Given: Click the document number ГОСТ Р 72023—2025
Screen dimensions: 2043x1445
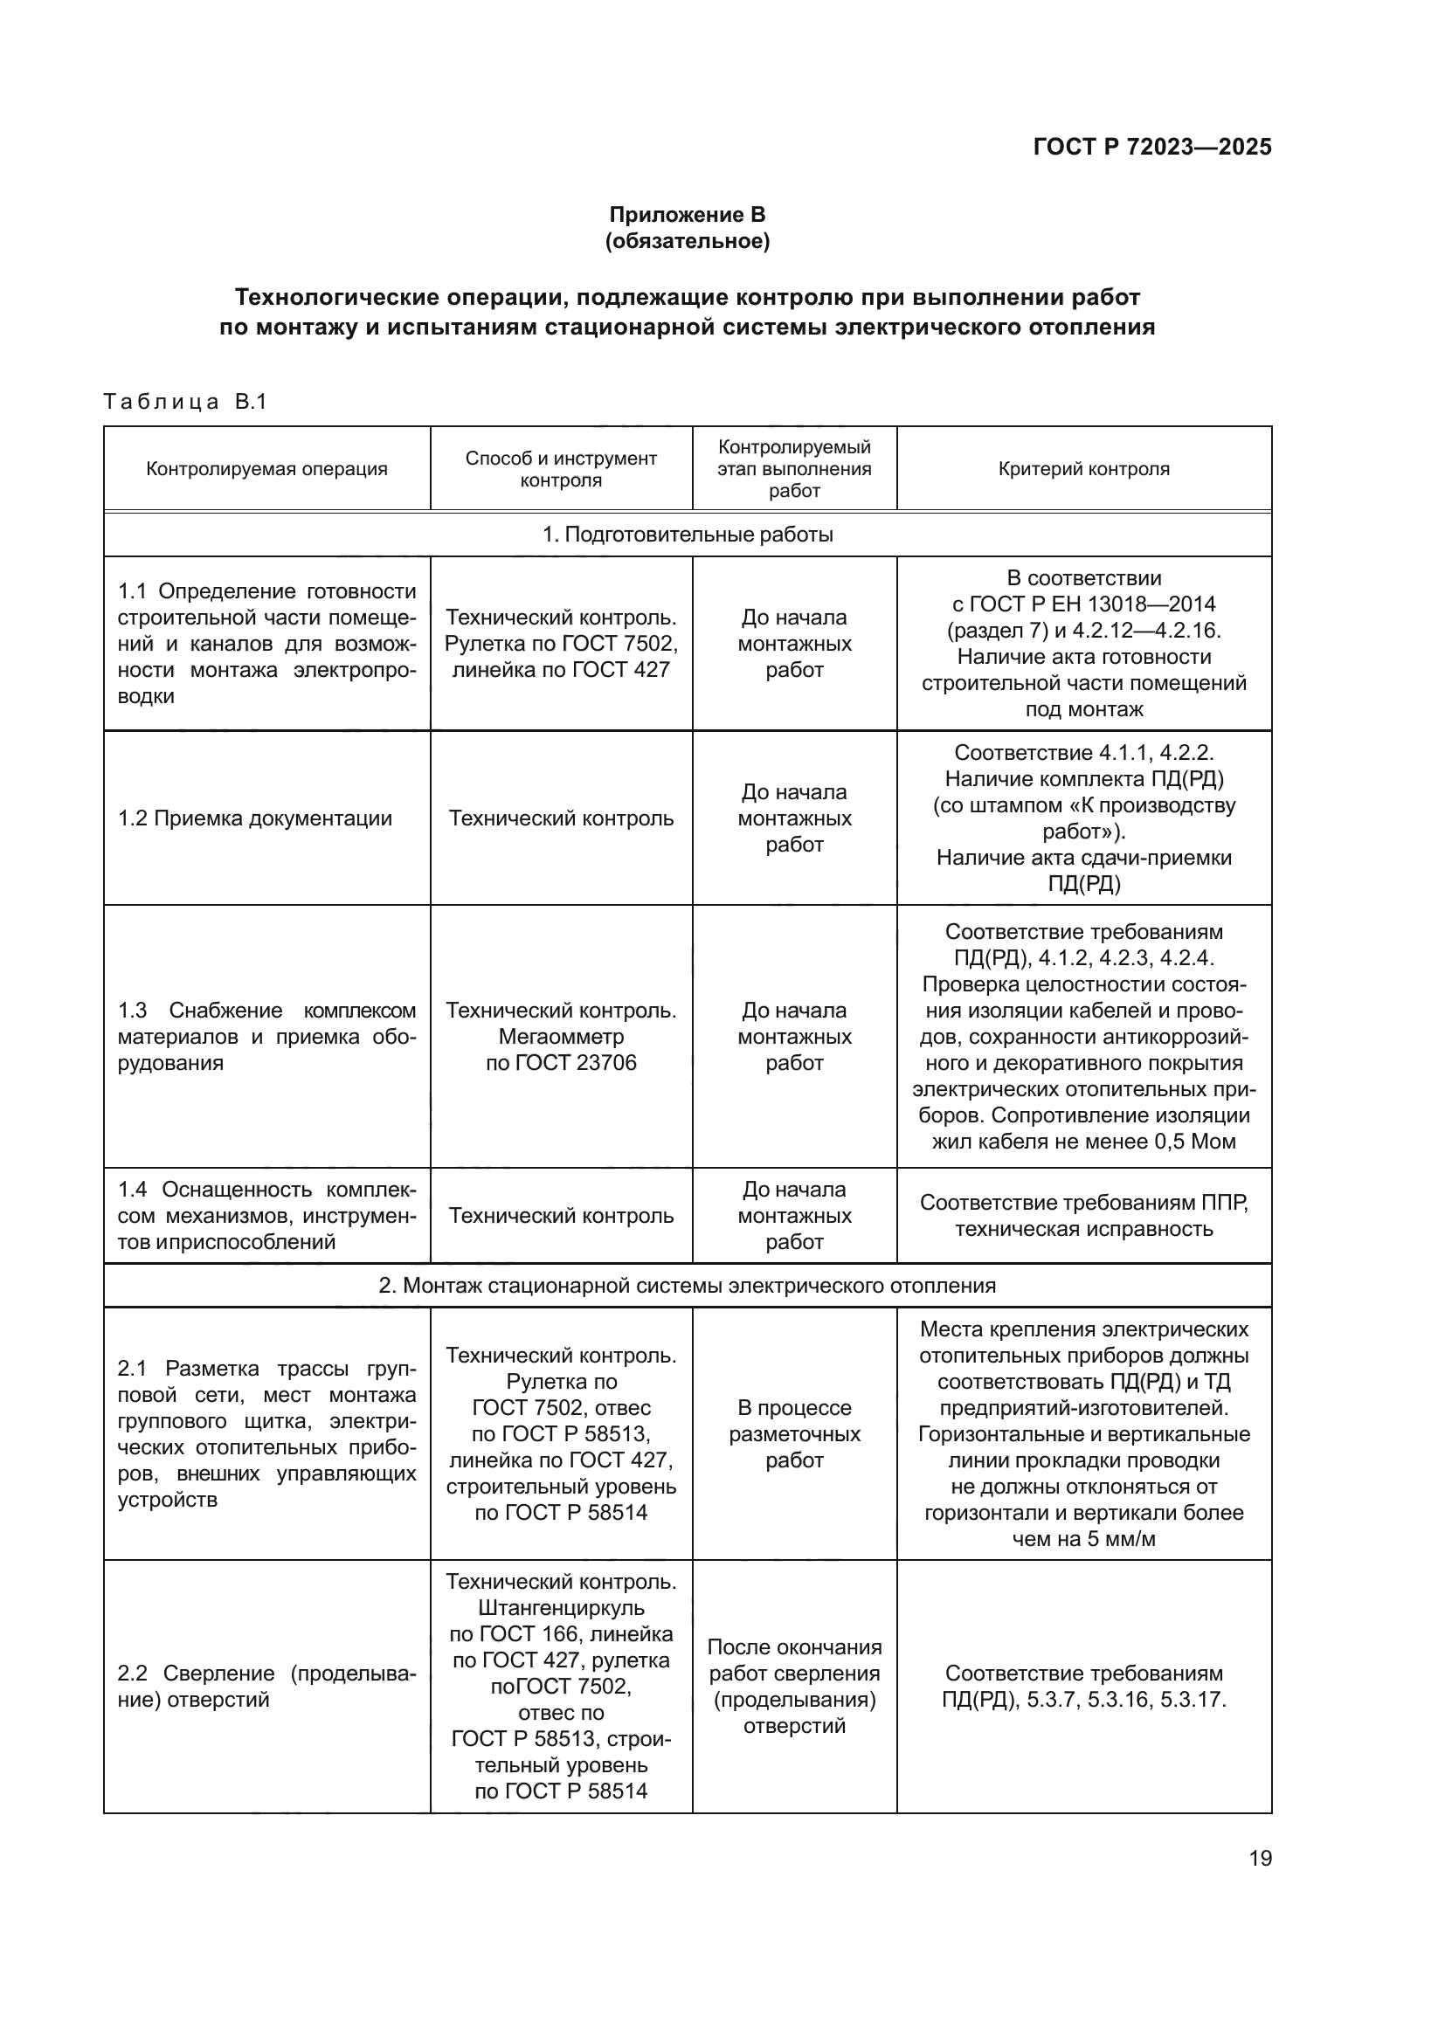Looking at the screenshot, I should [x=1151, y=147].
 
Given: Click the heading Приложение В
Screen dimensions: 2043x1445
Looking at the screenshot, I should [x=687, y=215].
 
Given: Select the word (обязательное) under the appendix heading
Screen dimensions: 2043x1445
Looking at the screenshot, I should [x=687, y=241].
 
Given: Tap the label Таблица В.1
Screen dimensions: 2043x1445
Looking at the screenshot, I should [x=185, y=401].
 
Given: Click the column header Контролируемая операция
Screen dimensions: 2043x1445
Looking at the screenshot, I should [x=267, y=469].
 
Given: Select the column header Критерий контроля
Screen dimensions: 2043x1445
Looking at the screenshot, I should [x=1082, y=469].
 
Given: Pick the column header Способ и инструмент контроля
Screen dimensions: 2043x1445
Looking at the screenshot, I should [x=561, y=469].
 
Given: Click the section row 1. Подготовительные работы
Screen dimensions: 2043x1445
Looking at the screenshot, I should [x=687, y=535].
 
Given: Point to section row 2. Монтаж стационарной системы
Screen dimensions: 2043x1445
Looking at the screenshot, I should [x=687, y=1285].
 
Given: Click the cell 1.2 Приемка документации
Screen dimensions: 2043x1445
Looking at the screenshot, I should [x=255, y=818].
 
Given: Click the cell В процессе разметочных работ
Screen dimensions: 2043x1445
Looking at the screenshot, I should [x=793, y=1433].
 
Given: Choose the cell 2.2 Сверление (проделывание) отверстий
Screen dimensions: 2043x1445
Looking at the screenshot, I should [x=266, y=1686].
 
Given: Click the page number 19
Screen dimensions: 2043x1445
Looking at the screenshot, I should [x=1260, y=1858].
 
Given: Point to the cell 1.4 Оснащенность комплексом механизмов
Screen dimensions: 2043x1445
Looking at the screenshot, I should [x=266, y=1216].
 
